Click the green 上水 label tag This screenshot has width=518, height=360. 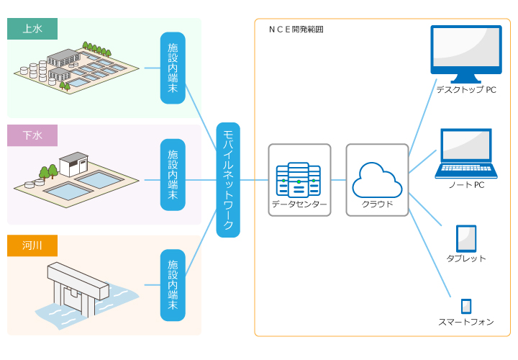coord(32,29)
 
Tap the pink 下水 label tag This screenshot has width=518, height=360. coord(32,135)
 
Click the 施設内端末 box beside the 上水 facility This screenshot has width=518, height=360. coord(173,68)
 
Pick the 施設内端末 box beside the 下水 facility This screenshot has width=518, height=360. coord(173,175)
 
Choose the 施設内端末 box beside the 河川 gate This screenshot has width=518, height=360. coord(173,285)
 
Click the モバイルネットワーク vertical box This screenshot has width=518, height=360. coord(228,180)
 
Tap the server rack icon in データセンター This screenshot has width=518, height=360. coord(299,179)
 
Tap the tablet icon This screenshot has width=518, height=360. coord(466,238)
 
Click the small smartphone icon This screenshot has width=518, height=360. coord(466,306)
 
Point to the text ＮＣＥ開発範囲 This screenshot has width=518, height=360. coord(296,30)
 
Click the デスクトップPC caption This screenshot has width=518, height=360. coord(465,90)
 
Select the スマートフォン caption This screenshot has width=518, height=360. coord(466,322)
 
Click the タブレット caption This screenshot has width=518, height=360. coord(466,258)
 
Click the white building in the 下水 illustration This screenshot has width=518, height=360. coord(73,165)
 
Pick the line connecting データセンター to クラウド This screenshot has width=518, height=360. coord(338,179)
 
